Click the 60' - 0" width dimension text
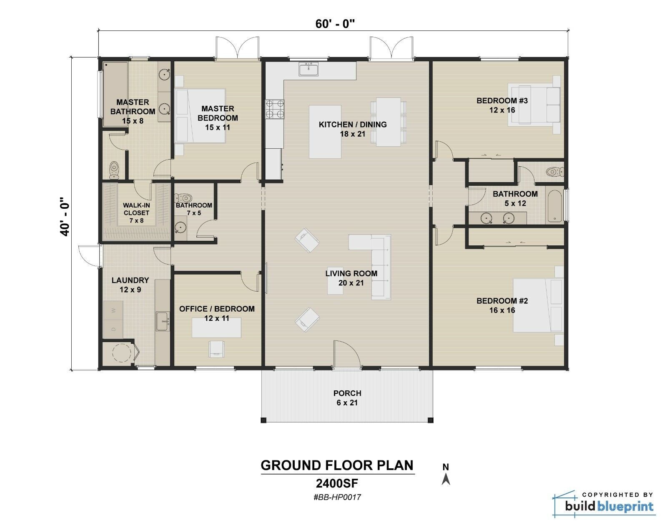[335, 24]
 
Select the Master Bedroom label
[218, 118]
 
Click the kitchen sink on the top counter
[308, 69]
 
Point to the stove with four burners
[275, 109]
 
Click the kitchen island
[325, 132]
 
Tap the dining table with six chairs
[388, 122]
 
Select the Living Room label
[351, 278]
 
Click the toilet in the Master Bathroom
[114, 170]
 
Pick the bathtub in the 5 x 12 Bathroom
[554, 206]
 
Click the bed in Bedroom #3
[533, 104]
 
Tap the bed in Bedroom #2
[537, 305]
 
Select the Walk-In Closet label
[136, 212]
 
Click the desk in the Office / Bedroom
[216, 327]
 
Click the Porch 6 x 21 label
[347, 398]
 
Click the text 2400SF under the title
[337, 483]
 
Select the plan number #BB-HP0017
[337, 497]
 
